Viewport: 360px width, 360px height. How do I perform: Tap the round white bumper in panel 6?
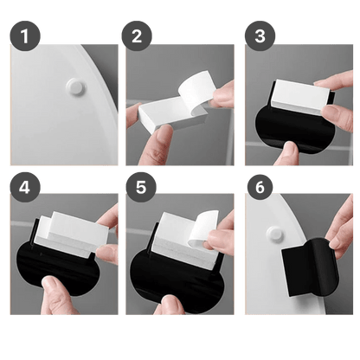(274, 235)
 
